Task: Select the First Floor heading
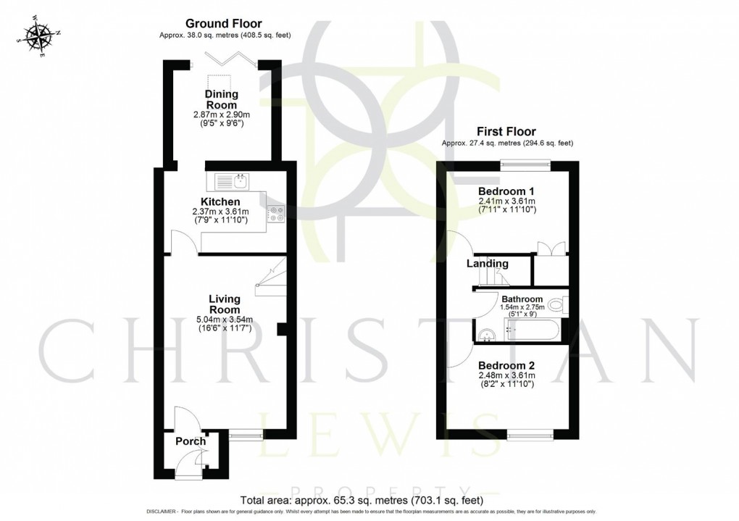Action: [505, 132]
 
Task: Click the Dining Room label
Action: [221, 100]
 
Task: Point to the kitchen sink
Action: [231, 179]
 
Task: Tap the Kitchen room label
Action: [220, 201]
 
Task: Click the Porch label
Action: [190, 441]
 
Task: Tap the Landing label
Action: [487, 264]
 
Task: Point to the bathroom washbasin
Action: [486, 333]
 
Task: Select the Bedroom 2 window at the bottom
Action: [530, 435]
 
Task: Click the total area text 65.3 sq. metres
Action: [360, 500]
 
